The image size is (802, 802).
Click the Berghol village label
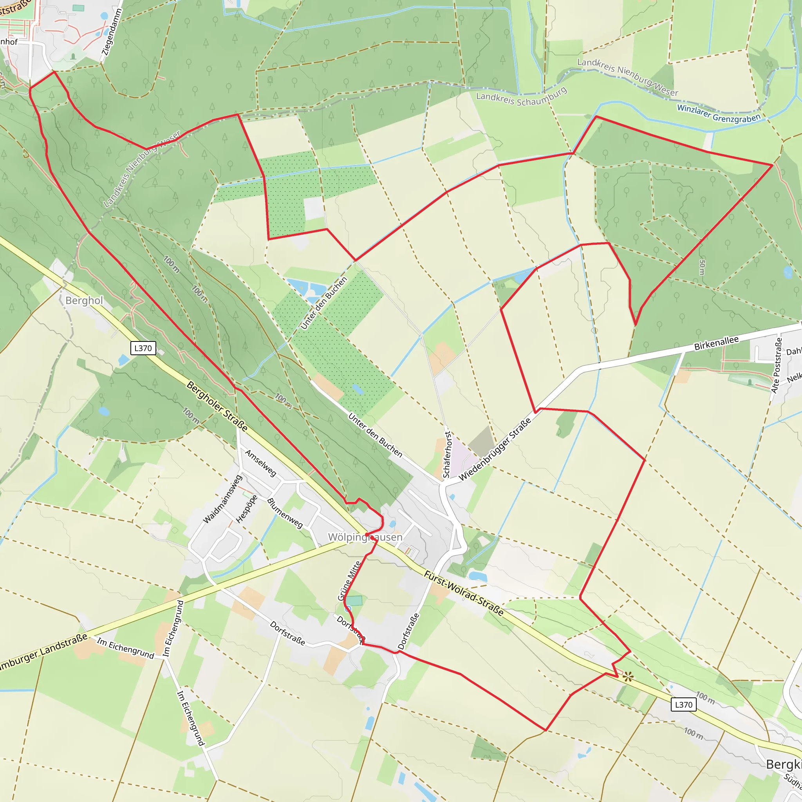(x=84, y=300)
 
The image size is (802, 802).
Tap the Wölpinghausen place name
(x=365, y=537)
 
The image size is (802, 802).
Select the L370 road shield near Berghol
(x=143, y=348)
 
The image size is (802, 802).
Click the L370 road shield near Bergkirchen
(x=683, y=704)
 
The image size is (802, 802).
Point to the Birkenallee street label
(x=717, y=343)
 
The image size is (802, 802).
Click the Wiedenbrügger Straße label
(x=495, y=450)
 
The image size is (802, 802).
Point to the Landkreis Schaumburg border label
(x=521, y=98)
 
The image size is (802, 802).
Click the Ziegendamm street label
(x=112, y=33)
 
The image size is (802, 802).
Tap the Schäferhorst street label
(x=447, y=455)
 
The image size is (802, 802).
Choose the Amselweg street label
(x=260, y=463)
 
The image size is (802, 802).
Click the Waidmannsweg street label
(x=222, y=499)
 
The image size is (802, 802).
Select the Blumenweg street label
(x=285, y=513)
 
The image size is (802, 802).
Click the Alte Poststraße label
(x=776, y=365)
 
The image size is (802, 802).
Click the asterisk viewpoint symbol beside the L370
(x=628, y=677)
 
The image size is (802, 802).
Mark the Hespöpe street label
(x=247, y=509)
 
